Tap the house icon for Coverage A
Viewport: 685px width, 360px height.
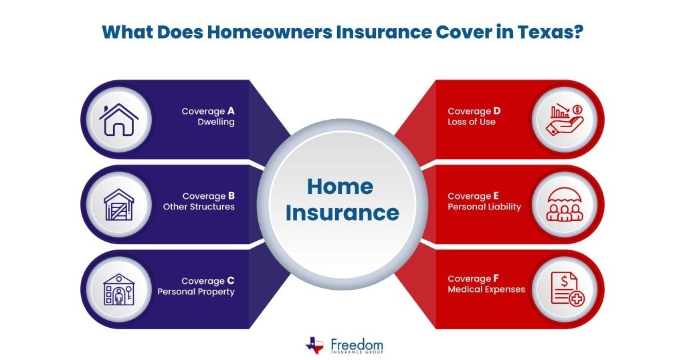[x=118, y=119]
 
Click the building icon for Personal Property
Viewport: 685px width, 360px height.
[x=118, y=288]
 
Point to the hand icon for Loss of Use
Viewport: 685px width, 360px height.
[x=565, y=119]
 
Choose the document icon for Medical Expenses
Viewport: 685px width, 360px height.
[x=565, y=288]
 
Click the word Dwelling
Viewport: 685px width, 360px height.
[x=215, y=122]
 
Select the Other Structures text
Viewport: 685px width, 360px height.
[x=199, y=207]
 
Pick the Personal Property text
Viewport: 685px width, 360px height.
[x=196, y=292]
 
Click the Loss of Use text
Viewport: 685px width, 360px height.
[x=472, y=122]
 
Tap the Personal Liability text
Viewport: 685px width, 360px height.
[x=484, y=207]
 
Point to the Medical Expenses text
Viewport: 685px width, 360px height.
[x=486, y=290]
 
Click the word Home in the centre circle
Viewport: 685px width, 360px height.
[x=340, y=186]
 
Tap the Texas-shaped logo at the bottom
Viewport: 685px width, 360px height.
[x=314, y=345]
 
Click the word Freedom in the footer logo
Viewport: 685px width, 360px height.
[x=357, y=342]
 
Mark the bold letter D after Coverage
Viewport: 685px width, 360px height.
[x=498, y=111]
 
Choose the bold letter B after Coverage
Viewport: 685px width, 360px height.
[x=231, y=196]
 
